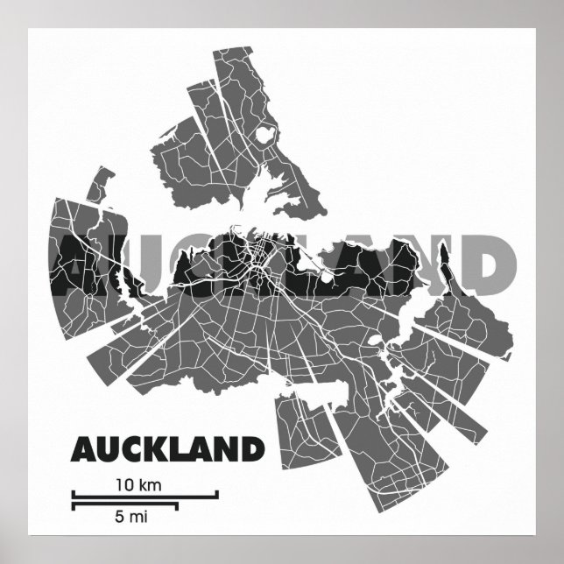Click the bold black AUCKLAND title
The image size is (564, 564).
coord(167,450)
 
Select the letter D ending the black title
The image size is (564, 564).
coord(251,450)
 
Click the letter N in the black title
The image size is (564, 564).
coord(226,450)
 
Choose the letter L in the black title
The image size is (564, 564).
coord(180,450)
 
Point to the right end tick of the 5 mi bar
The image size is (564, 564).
coord(178,505)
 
